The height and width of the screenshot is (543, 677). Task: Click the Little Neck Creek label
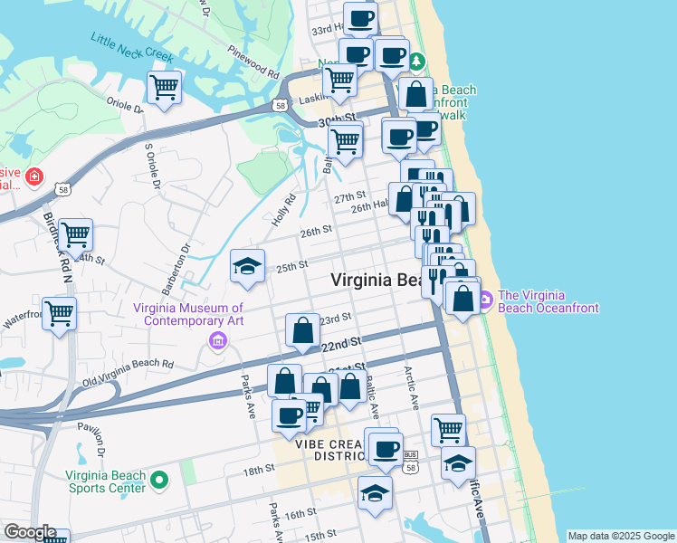(132, 47)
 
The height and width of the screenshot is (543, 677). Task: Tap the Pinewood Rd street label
(253, 61)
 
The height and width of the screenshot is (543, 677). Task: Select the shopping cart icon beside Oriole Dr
(164, 89)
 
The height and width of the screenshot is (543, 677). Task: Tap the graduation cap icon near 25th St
(247, 267)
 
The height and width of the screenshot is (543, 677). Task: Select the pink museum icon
(217, 340)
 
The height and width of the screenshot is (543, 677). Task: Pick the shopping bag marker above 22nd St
(302, 330)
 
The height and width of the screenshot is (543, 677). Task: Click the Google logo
(29, 532)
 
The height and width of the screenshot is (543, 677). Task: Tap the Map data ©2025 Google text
(621, 536)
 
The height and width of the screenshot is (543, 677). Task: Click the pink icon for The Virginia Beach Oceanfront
(486, 299)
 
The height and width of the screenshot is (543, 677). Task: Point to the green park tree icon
(416, 62)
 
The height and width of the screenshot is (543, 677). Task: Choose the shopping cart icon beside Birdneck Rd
(75, 235)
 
